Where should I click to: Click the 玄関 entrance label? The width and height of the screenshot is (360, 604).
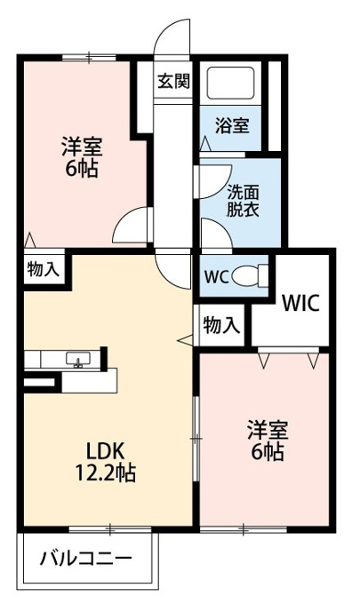(174, 81)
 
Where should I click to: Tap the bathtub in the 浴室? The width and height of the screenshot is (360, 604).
(230, 83)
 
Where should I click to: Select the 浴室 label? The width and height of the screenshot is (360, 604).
(232, 125)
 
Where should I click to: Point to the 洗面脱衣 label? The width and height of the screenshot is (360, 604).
(243, 201)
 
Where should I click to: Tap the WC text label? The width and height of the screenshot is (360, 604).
(217, 276)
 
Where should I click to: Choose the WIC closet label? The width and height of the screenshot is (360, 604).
(300, 303)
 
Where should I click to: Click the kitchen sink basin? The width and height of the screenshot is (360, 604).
(78, 359)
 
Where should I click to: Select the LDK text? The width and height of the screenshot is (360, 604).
(105, 450)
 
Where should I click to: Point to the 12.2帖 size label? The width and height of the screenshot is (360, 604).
(105, 473)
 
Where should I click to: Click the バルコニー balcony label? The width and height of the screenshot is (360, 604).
(86, 558)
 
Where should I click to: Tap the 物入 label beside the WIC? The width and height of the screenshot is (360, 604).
(221, 325)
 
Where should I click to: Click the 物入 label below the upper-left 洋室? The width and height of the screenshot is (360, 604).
(44, 269)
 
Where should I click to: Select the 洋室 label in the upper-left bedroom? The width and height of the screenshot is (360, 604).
(82, 147)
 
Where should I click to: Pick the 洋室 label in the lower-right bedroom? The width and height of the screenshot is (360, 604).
(268, 430)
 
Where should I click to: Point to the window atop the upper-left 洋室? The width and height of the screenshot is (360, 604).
(89, 58)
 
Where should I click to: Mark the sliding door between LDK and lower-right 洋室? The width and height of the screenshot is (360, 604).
(196, 439)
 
